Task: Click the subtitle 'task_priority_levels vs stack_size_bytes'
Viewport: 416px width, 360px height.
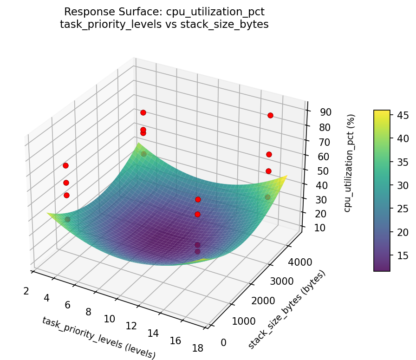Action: (x=164, y=25)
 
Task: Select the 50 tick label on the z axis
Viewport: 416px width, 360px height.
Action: (x=318, y=170)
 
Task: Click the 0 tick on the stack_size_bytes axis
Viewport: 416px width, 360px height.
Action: (x=224, y=343)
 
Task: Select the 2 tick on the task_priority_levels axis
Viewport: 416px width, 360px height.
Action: (x=26, y=291)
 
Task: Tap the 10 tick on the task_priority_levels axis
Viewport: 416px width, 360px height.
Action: (x=109, y=319)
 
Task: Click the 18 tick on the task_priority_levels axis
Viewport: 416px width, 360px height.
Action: (x=197, y=348)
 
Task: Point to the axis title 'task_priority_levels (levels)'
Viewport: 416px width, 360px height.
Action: (x=98, y=338)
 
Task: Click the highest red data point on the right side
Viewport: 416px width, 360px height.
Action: (x=270, y=115)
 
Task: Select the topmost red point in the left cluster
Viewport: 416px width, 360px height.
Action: (x=66, y=165)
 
